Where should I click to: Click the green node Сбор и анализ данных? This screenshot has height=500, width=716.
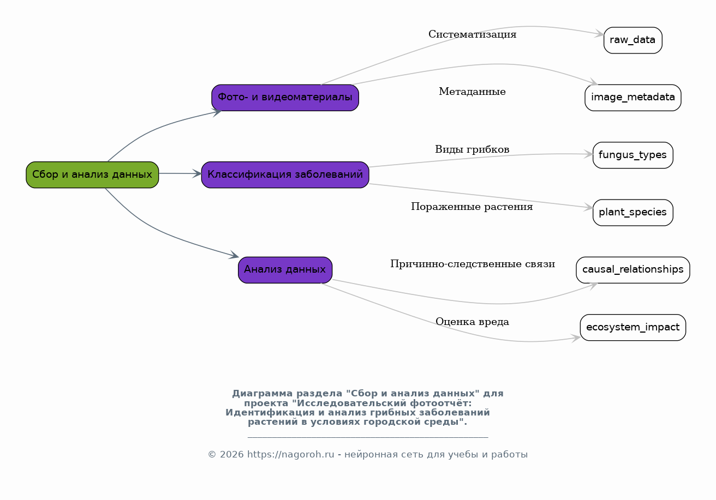pos(92,174)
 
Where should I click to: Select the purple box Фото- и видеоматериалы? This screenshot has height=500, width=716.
pos(285,98)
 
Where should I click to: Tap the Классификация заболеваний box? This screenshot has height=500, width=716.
pos(285,174)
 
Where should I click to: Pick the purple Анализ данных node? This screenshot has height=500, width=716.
pos(285,270)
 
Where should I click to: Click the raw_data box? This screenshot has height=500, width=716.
pos(633,40)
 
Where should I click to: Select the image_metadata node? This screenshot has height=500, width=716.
pos(633,98)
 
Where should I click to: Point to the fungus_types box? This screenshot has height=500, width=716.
pos(633,155)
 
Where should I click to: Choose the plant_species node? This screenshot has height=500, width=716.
pos(633,213)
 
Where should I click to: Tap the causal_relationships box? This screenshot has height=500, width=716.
pos(633,270)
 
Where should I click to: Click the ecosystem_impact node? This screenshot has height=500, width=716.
pos(633,328)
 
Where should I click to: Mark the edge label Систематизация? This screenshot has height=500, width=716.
pos(473,34)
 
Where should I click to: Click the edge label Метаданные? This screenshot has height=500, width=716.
pos(473,92)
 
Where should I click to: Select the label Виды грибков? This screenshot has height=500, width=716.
pos(473,149)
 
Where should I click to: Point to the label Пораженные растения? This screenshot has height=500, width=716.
pos(472,207)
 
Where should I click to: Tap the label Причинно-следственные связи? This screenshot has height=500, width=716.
pos(473,264)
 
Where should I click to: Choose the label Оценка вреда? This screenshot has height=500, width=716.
pos(473,322)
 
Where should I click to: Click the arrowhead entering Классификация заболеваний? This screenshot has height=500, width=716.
pos(197,174)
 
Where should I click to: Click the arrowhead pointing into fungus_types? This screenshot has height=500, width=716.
pos(588,154)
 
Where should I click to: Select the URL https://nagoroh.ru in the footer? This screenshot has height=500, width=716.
pos(290,454)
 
